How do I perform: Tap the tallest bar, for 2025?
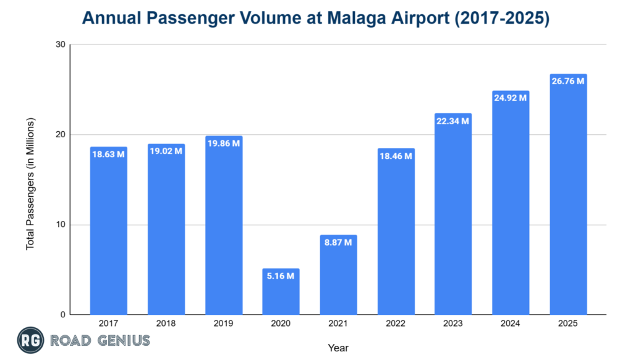[568, 198]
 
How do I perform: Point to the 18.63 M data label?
[108, 154]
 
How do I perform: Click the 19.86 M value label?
[223, 144]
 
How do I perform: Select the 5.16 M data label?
[281, 275]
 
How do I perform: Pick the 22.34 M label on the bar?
[453, 121]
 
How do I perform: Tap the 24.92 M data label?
[511, 98]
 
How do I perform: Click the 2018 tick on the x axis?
[166, 323]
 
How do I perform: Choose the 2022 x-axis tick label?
[396, 323]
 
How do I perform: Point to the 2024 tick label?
[511, 323]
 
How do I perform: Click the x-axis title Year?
[338, 348]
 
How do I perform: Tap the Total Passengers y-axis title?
[30, 183]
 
